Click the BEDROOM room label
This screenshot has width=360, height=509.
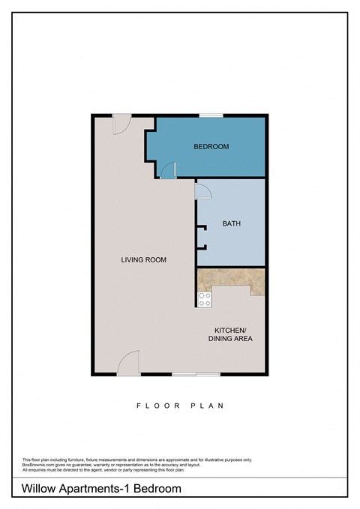tap(211, 147)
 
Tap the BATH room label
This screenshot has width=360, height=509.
tap(231, 223)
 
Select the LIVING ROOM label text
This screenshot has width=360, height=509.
tap(143, 260)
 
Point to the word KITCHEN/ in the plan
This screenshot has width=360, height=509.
tap(230, 330)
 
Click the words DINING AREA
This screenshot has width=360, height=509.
tap(230, 339)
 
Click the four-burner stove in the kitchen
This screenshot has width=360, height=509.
tap(204, 300)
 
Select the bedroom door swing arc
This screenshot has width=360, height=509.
tap(169, 171)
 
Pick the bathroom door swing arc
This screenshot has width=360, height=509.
tap(203, 191)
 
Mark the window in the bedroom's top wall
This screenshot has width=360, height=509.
tap(211, 115)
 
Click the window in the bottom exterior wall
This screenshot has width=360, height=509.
tap(196, 374)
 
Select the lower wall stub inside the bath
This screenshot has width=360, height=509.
tap(201, 247)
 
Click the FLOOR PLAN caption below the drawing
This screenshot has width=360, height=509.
tap(180, 406)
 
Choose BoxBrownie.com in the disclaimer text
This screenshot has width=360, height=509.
tap(40, 465)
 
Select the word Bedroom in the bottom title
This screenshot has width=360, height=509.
tap(160, 489)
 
